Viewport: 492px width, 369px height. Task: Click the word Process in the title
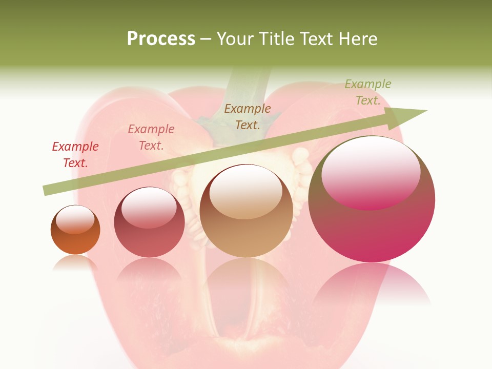pyautogui.click(x=161, y=39)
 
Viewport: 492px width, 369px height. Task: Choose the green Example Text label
pyautogui.click(x=368, y=92)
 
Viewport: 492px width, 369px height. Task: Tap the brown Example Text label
pyautogui.click(x=248, y=116)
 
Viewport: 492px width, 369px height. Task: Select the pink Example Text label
pyautogui.click(x=151, y=137)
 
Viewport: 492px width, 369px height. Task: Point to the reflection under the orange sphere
pyautogui.click(x=75, y=262)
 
